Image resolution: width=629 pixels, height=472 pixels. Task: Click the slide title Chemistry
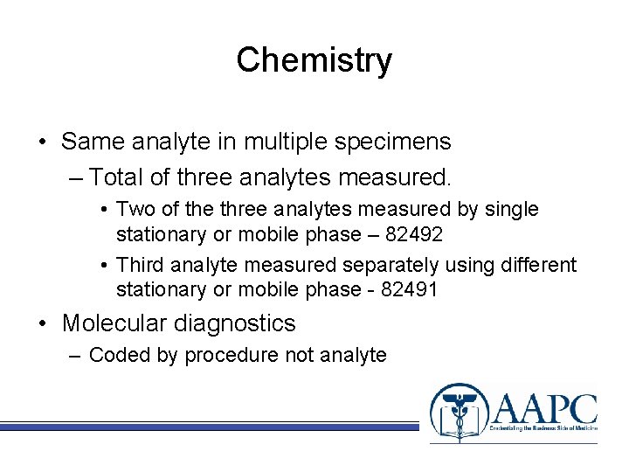click(314, 60)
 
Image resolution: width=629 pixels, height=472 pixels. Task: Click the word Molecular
click(117, 323)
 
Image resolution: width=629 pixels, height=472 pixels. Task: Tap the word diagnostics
click(237, 323)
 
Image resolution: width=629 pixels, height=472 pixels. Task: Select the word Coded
click(116, 355)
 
